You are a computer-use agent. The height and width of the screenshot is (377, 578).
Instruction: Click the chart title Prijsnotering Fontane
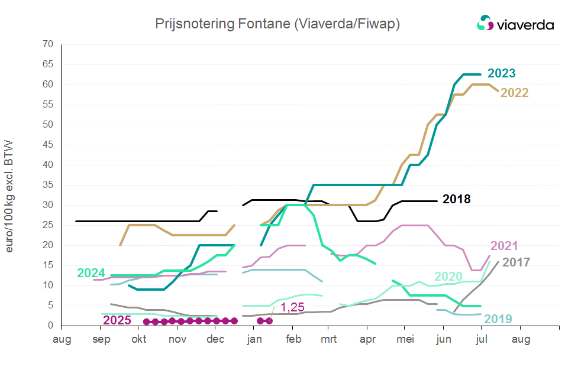point(277,24)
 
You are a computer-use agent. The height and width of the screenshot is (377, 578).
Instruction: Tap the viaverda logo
point(515,24)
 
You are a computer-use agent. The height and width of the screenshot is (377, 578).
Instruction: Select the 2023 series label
point(501,74)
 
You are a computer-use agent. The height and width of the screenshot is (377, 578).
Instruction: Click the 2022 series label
point(514,93)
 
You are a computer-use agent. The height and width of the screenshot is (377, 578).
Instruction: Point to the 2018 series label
point(456,199)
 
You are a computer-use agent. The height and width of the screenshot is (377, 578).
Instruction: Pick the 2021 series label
point(504,246)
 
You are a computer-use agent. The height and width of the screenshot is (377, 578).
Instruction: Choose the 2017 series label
point(516,262)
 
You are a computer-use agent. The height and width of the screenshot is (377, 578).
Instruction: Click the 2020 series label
point(448,277)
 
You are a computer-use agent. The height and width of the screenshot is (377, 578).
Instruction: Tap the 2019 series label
point(499,319)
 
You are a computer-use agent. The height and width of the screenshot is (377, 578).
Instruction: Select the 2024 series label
point(91,273)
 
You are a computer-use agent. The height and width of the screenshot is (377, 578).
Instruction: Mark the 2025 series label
point(117,320)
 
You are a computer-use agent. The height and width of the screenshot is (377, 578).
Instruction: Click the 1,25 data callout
point(292,307)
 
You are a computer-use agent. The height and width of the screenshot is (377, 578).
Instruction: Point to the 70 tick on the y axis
point(48,44)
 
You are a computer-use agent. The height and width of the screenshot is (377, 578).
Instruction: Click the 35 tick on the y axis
point(48,185)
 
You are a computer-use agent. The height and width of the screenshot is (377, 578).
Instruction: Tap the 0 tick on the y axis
point(50,326)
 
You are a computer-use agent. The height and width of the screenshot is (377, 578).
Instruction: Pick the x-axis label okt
point(138,339)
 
